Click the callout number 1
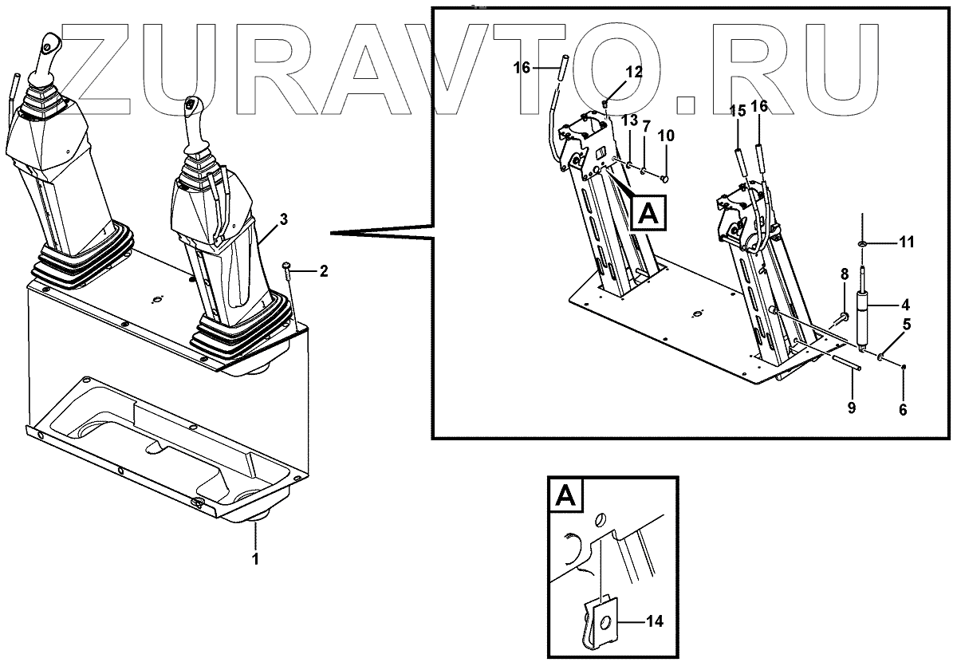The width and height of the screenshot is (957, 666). point(255,559)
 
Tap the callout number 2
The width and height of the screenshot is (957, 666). point(324,271)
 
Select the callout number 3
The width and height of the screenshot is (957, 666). point(283,219)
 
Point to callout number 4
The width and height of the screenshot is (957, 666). point(905,305)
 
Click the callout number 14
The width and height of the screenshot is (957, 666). point(654,621)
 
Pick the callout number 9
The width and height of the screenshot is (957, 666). point(852,408)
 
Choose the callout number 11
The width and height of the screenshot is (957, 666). point(907,242)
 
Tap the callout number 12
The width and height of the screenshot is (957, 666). point(634,73)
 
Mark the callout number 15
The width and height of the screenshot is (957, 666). point(738,111)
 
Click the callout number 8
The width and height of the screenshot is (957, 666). point(845,274)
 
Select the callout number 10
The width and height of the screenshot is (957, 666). point(666,136)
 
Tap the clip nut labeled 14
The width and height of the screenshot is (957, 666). point(601,621)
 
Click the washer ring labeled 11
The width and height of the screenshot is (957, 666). point(863,243)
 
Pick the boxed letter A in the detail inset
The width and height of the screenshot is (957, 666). point(566,495)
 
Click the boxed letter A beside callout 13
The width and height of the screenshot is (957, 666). point(648,213)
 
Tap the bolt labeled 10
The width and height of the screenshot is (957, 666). point(664,179)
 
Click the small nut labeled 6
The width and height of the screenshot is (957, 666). point(902,367)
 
